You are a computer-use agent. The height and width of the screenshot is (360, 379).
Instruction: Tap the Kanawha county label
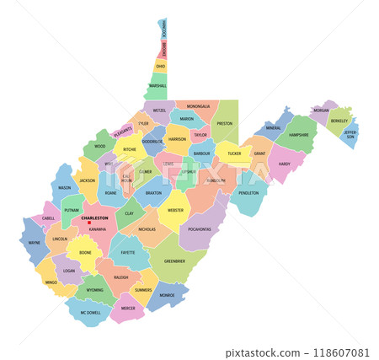pos(98,229)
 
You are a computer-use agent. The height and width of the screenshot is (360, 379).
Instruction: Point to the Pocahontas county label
pos(200,228)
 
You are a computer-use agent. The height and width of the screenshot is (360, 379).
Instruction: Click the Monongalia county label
pos(198,107)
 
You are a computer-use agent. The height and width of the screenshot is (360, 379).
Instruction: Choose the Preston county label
pos(225,123)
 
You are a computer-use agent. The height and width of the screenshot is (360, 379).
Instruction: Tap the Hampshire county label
pos(299,134)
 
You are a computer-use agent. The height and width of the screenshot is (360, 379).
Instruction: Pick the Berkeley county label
pos(339,121)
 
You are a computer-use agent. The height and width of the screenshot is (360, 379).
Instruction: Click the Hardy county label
pos(284,164)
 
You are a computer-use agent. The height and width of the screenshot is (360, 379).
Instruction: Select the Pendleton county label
pos(248,193)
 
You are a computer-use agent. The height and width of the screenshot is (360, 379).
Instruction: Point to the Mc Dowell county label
pos(90,313)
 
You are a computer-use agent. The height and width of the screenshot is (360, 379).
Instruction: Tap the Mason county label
pos(65,188)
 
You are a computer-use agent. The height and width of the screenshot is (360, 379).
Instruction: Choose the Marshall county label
pos(157,86)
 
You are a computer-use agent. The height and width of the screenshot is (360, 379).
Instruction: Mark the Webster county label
pos(175,210)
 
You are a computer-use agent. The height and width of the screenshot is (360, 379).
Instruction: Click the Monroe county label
pos(167,296)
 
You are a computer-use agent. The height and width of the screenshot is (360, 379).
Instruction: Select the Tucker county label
pos(234,153)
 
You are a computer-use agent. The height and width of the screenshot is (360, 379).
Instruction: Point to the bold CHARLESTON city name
pos(95,218)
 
